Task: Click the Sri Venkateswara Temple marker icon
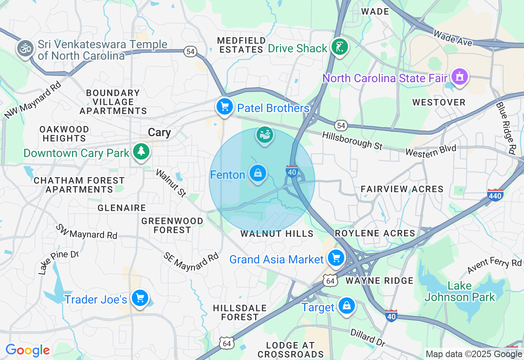pos(25,49)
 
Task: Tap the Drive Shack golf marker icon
pos(339,47)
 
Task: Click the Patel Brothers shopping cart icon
pos(225,107)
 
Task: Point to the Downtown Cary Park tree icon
pos(141,152)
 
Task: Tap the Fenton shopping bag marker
pos(258,173)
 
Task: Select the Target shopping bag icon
pos(346,306)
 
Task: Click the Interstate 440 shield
pos(495,195)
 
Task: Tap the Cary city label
pos(159,133)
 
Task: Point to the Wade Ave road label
pos(453,38)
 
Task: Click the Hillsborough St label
pos(352,140)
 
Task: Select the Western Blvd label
pos(430,150)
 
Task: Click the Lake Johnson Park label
pos(460,291)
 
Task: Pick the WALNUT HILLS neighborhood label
pos(277,234)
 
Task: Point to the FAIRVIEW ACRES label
pos(402,189)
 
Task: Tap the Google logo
pos(28,350)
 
